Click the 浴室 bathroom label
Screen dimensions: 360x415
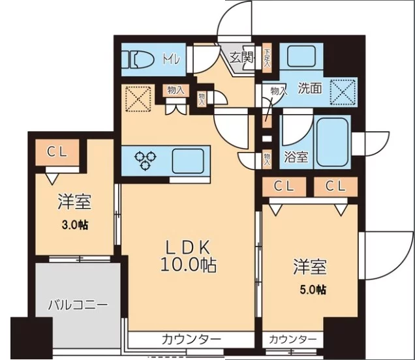click(296, 157)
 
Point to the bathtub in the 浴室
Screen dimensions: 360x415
click(333, 139)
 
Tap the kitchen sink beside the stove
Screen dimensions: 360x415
click(189, 158)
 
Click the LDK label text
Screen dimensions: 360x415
click(186, 248)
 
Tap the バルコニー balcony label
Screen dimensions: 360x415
click(77, 305)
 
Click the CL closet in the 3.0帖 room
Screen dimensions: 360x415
click(54, 152)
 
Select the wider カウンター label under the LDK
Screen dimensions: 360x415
click(191, 339)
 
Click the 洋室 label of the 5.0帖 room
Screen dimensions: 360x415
click(309, 267)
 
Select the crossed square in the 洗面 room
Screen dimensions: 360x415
click(343, 92)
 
